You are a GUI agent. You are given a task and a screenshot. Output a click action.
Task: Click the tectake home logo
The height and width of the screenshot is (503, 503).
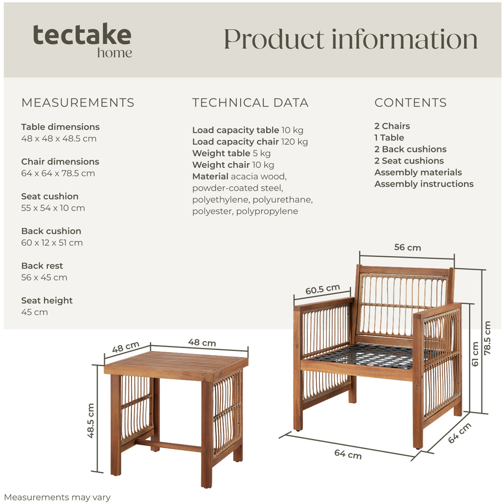82,40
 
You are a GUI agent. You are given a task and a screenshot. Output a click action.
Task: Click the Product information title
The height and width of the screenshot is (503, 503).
350,39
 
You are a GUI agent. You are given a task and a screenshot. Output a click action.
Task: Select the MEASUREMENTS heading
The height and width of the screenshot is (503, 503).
78,103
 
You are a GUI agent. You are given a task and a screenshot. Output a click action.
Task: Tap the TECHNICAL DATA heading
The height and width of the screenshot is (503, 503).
250,103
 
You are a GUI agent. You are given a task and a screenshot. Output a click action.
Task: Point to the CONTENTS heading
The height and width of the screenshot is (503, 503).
410,103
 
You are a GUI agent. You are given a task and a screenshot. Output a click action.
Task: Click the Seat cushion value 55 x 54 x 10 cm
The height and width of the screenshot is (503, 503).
53,208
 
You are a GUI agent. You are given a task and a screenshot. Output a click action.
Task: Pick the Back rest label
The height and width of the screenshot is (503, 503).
42,266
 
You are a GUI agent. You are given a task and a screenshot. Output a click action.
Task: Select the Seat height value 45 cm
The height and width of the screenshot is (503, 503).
35,312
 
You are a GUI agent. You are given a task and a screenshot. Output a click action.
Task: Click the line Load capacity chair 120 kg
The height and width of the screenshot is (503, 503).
250,142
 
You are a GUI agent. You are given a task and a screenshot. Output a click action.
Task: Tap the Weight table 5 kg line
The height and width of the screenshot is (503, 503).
231,153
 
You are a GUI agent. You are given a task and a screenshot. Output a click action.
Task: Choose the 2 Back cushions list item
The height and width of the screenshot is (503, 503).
410,149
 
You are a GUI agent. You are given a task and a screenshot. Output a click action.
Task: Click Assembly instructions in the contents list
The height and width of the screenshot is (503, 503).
424,184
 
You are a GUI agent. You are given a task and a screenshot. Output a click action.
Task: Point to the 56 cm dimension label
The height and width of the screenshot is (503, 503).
407,247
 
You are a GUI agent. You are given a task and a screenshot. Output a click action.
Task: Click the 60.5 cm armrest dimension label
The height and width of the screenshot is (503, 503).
322,290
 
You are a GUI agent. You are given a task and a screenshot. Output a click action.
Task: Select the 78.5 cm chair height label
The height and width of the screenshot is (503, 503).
487,338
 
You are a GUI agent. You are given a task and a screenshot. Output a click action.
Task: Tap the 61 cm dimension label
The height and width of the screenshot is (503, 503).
475,354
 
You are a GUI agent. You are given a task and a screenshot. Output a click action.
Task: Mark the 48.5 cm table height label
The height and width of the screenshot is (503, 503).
91,420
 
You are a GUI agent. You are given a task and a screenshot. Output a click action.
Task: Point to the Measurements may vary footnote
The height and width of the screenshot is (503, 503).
57,497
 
